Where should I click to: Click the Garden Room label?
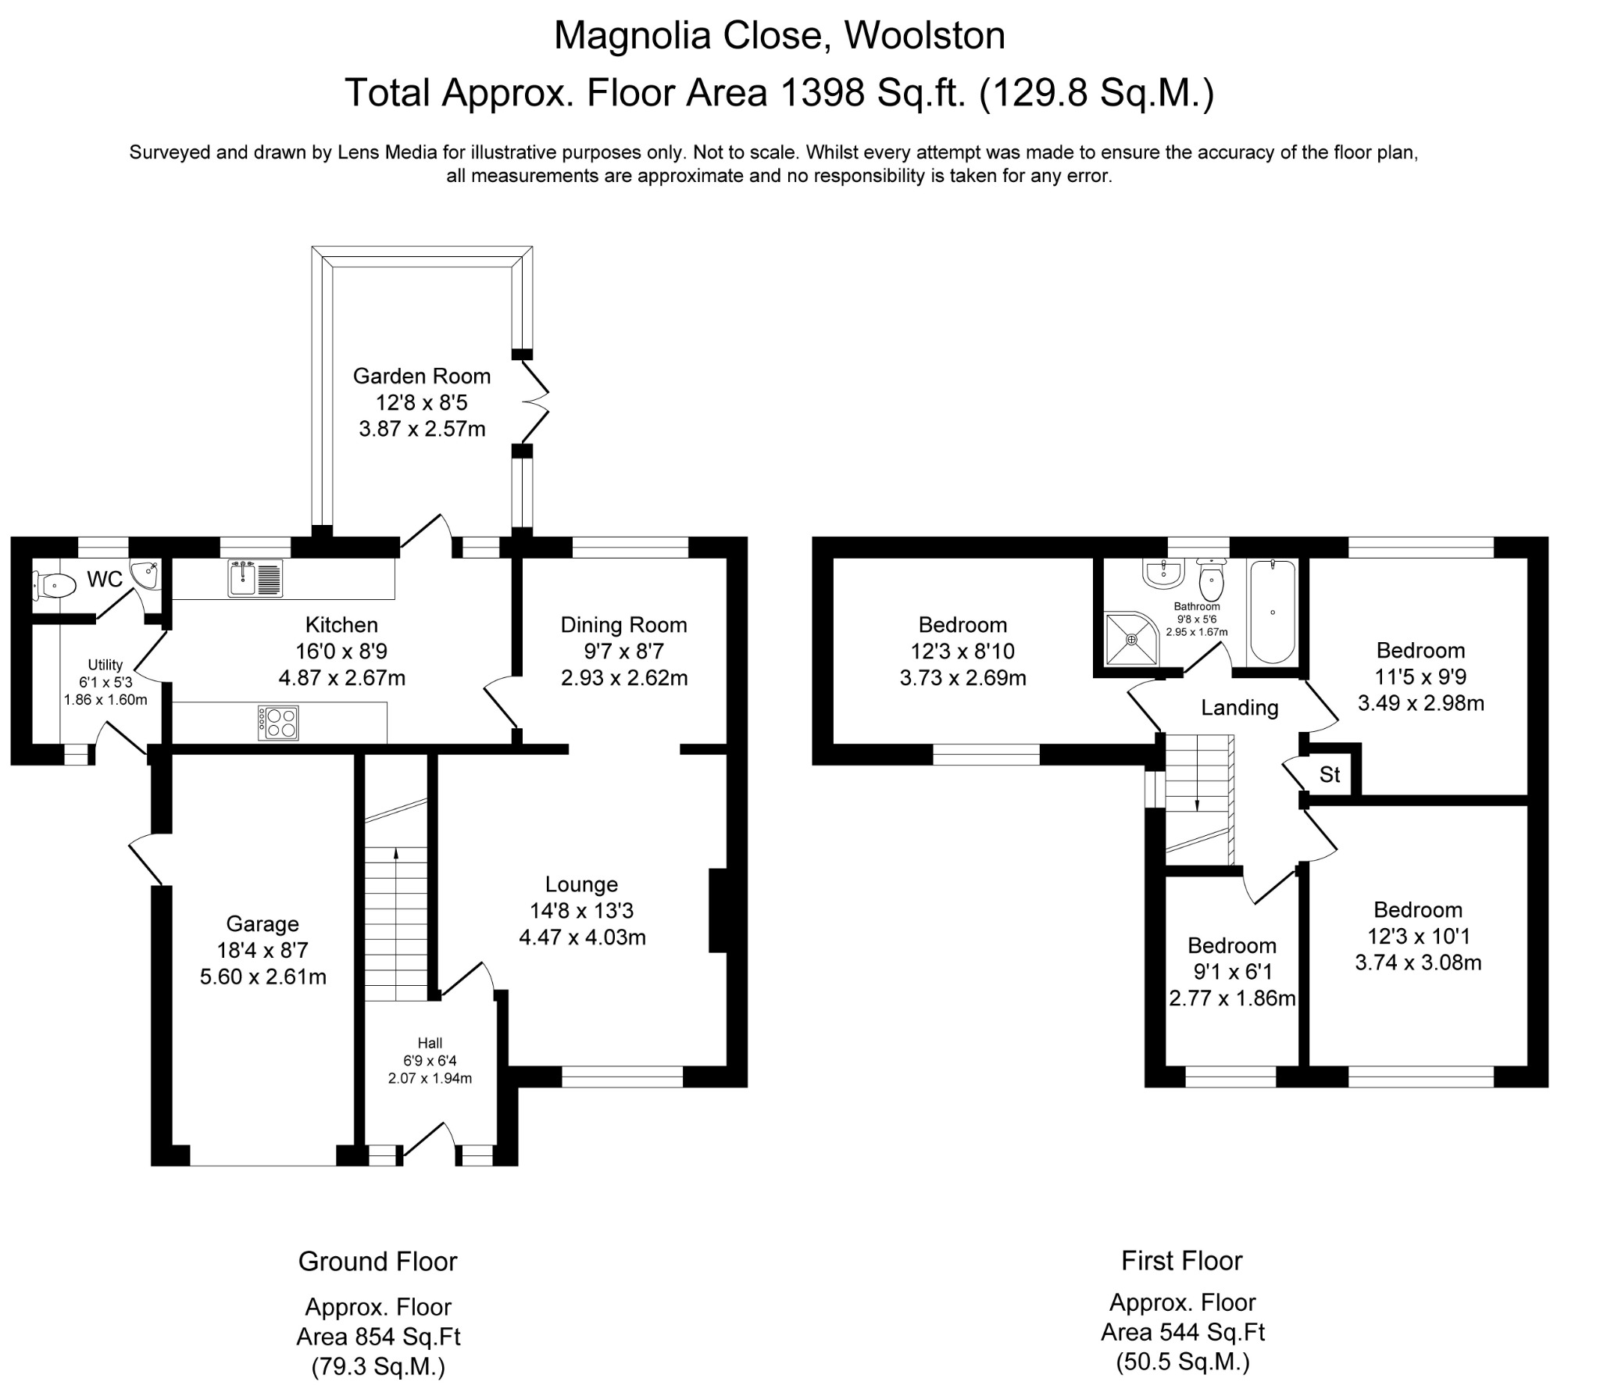(x=422, y=376)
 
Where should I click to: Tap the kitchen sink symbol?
(x=255, y=578)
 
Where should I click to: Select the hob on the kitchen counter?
(x=278, y=723)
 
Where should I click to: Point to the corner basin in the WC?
(x=145, y=576)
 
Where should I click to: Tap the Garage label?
(x=262, y=923)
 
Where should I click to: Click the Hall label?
(x=430, y=1042)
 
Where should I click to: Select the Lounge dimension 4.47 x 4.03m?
(x=582, y=937)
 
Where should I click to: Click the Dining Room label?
(x=623, y=624)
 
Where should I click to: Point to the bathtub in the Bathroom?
(x=1273, y=612)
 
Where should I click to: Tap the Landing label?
(x=1239, y=708)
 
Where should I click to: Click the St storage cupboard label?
(x=1330, y=774)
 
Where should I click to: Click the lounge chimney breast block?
(x=717, y=911)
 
